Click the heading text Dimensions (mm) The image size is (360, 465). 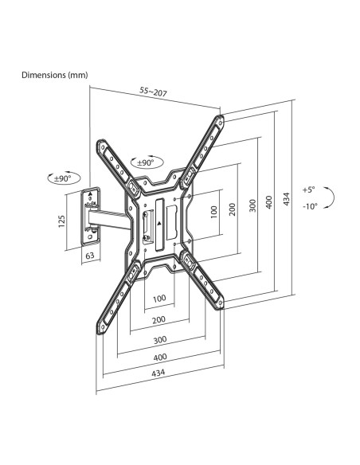[55, 75]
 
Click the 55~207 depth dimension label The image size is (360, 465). [153, 92]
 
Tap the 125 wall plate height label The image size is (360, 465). [61, 221]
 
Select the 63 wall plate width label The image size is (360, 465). [90, 255]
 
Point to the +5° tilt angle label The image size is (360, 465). [309, 190]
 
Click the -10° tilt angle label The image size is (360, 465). [310, 205]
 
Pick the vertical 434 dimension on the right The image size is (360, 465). [286, 199]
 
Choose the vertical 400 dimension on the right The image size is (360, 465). [268, 202]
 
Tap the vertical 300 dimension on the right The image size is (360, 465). [252, 205]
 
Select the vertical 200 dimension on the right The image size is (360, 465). [233, 209]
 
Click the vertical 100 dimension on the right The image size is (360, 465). [213, 212]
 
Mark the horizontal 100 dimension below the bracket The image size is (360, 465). [159, 298]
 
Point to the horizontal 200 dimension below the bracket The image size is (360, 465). [159, 320]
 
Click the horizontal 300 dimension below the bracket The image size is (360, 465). [160, 339]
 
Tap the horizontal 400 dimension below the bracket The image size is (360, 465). [160, 357]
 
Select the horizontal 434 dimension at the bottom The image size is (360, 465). [158, 373]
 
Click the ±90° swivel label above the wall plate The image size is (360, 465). [63, 178]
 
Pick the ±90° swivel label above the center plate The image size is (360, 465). [146, 162]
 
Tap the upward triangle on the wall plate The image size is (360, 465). [91, 193]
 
